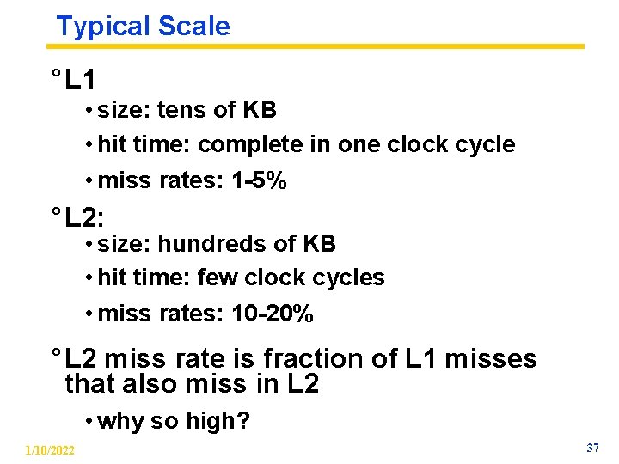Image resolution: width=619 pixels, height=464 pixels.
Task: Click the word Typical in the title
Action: pos(97,26)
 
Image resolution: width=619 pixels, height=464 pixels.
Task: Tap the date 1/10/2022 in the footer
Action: pos(50,450)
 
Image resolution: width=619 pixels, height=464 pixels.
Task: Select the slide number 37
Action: pos(592,449)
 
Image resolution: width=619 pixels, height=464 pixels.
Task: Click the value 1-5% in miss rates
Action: pos(259,181)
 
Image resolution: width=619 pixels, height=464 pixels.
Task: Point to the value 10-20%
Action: pos(273,314)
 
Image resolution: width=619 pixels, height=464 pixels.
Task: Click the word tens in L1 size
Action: pos(175,110)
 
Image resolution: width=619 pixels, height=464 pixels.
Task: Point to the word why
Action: pos(120,421)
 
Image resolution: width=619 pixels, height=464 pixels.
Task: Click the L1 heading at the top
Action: pos(80,81)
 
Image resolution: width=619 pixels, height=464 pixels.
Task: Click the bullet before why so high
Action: pos(89,421)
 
